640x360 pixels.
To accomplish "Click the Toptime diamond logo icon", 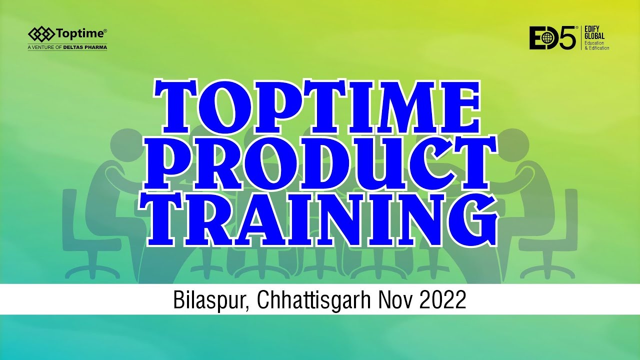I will pos(41,34).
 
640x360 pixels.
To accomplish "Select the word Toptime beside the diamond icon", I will pos(80,34).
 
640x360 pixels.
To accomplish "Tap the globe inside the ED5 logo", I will pos(549,37).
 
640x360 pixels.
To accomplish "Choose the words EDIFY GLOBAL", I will pos(594,32).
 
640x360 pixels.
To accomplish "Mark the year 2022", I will pos(443,299).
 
